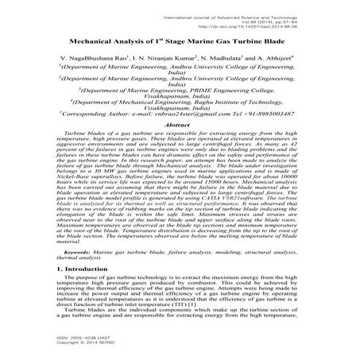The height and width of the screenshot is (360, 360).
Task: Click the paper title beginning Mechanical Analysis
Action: pyautogui.click(x=180, y=39)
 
